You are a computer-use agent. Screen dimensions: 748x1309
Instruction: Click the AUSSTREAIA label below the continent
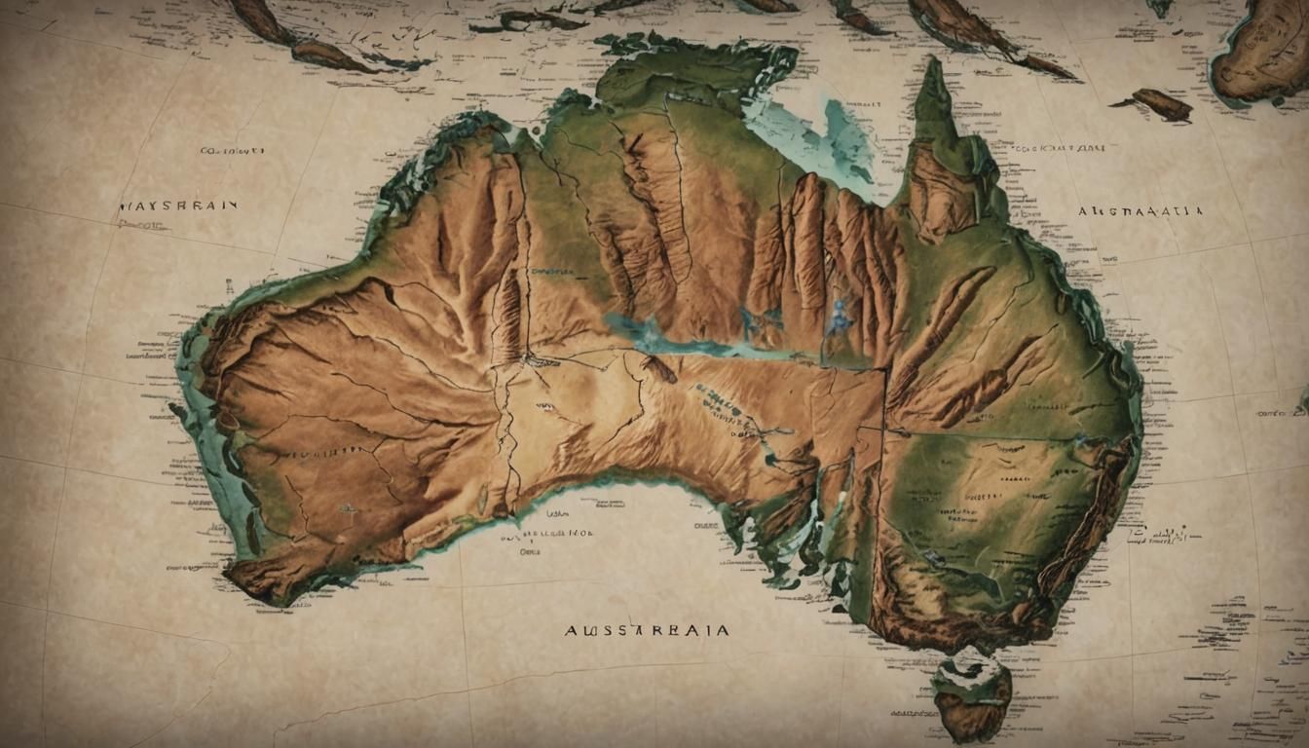(x=646, y=631)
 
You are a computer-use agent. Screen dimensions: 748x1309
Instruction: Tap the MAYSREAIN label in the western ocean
(x=177, y=206)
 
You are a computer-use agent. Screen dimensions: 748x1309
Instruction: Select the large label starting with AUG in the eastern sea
(x=1141, y=210)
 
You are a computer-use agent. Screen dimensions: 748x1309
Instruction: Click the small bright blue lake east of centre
(x=839, y=317)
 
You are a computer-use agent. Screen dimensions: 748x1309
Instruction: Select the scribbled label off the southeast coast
(x=1163, y=535)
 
